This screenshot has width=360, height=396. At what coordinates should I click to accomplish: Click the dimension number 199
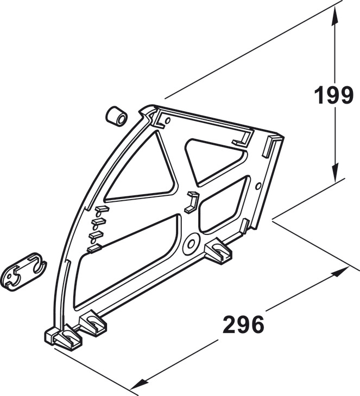pyautogui.click(x=333, y=95)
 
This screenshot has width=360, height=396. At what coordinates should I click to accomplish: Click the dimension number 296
pyautogui.click(x=243, y=324)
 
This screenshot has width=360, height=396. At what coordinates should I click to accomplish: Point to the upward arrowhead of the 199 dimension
pyautogui.click(x=334, y=15)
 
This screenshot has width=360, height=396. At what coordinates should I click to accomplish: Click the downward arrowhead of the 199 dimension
pyautogui.click(x=334, y=173)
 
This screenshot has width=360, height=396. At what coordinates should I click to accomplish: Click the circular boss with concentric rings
pyautogui.click(x=191, y=244)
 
